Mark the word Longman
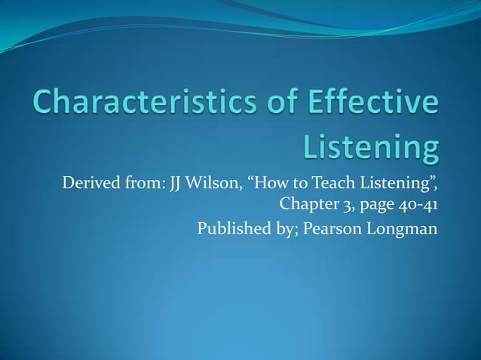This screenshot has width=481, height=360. (403, 228)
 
